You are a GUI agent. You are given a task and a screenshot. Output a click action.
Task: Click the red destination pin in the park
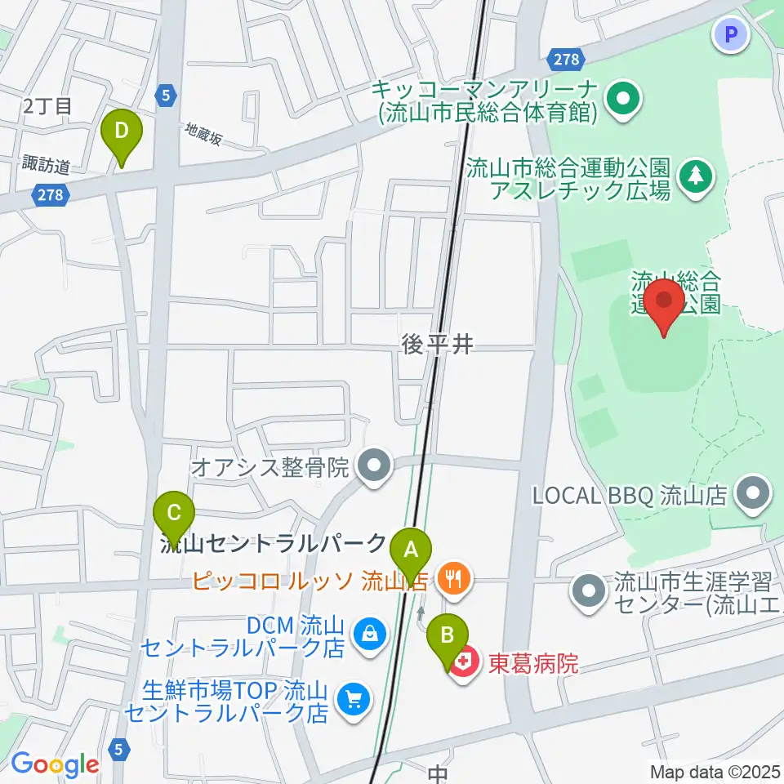pos(665,304)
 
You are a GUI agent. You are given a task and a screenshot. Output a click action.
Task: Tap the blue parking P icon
pos(731,34)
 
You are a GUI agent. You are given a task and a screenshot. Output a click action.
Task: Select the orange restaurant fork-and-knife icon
pos(452,580)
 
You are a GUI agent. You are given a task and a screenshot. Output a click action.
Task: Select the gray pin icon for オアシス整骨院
pos(375,468)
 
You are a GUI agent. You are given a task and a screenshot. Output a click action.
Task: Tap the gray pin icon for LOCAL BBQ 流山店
pos(752,493)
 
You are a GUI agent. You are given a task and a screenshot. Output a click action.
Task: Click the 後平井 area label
pos(438,345)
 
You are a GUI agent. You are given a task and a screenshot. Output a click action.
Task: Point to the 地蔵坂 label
pos(203,133)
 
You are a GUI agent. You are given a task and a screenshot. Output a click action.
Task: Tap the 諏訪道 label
pos(47,166)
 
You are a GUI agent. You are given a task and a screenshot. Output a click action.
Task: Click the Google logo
pos(54,764)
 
